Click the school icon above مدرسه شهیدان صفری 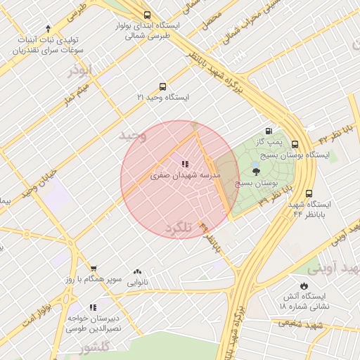coord(185,163)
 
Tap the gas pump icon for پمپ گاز coord(269,131)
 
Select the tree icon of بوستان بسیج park coord(255,171)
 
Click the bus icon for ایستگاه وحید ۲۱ coord(163,87)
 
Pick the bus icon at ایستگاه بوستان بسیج coord(309,143)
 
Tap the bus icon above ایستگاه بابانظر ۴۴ coord(309,193)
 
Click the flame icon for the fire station coord(303,286)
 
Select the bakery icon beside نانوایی coord(137,271)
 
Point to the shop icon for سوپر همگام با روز coord(93,269)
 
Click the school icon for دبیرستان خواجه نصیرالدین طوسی coord(93,307)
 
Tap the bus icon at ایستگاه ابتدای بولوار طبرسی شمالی coord(146,15)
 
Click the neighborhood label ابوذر coord(81,71)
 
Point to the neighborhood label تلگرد coord(179,229)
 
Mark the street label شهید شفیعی coord(299,323)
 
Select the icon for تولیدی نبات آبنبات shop coord(48,29)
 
